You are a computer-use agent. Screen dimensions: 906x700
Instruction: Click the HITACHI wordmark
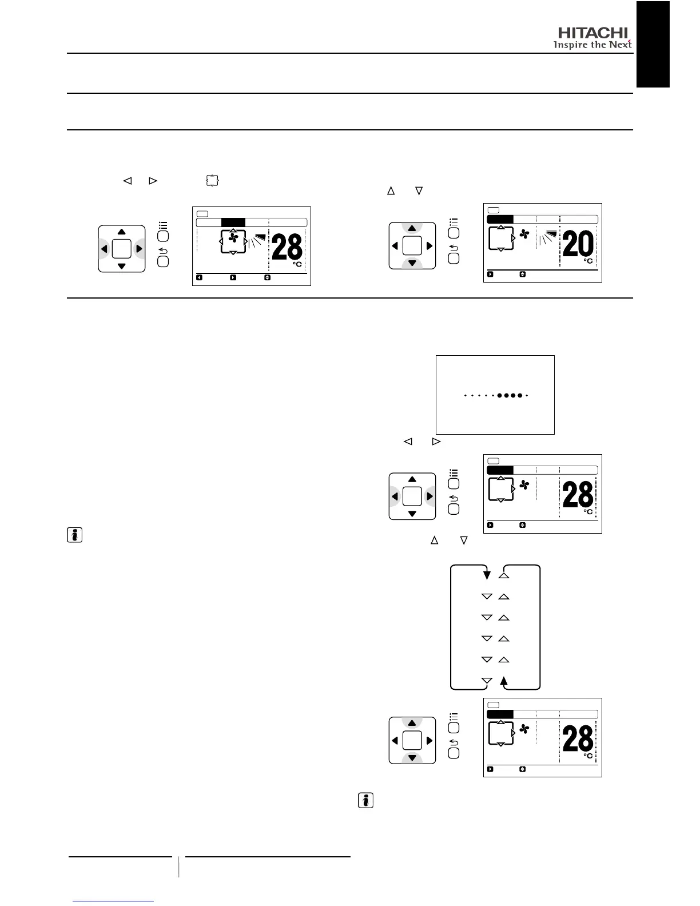[592, 33]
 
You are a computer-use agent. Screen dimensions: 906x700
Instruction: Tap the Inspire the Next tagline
[592, 45]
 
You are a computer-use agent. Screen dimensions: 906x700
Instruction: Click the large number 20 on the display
[578, 245]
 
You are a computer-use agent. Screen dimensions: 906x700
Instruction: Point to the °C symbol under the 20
[588, 261]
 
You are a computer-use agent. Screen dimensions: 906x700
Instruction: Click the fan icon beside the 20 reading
[524, 234]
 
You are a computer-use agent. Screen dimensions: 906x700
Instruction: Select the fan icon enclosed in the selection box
[233, 238]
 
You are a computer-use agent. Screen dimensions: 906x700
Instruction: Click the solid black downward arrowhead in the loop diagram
[487, 574]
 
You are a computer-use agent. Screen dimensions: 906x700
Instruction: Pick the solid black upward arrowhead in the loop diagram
[503, 681]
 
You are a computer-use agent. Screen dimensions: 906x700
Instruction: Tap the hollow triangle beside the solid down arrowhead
[503, 575]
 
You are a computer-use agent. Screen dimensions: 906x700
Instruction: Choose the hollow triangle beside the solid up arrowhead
[487, 681]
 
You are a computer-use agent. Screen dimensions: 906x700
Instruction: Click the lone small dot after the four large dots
[527, 395]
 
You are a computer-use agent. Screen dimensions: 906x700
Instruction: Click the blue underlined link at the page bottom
[114, 901]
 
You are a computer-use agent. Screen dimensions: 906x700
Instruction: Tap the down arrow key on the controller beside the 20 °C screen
[412, 263]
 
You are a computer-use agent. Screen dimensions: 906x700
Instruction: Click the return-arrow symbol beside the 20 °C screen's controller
[454, 247]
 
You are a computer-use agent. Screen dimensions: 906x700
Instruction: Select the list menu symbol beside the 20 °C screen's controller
[454, 221]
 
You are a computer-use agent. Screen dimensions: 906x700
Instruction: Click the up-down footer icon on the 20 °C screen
[522, 274]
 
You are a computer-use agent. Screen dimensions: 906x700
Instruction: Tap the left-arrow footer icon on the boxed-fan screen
[199, 277]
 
